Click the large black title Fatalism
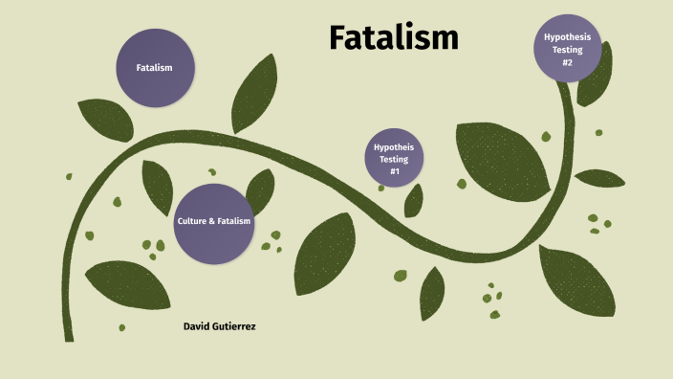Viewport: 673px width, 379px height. click(x=394, y=37)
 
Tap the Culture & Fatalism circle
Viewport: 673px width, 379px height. click(x=213, y=222)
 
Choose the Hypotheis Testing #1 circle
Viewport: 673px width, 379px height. click(x=393, y=158)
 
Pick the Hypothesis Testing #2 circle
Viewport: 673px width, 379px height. click(x=567, y=49)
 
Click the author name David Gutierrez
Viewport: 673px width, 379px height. click(x=219, y=326)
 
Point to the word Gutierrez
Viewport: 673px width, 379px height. click(x=235, y=326)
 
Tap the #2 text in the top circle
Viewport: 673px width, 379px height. click(x=567, y=62)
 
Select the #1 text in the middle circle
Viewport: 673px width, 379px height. click(x=393, y=170)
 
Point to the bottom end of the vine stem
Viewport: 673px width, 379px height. click(x=69, y=337)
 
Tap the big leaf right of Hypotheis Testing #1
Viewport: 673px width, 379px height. click(x=502, y=157)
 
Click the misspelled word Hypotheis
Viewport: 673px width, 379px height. click(x=393, y=146)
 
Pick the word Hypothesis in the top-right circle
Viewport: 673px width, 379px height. click(x=567, y=36)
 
